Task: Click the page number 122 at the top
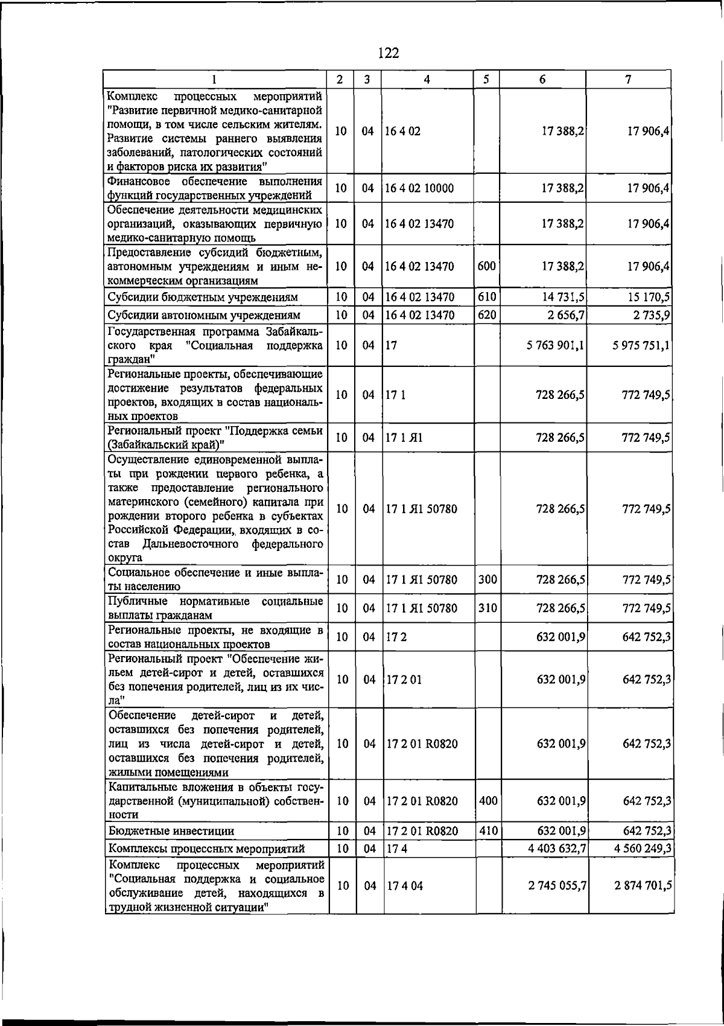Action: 389,53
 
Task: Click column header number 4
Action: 427,80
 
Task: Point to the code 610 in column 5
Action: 486,296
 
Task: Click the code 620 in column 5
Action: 486,314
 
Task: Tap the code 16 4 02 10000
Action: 419,188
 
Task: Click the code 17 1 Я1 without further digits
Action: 404,438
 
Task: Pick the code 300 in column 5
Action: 487,579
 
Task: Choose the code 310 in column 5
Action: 487,608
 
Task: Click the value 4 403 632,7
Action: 556,849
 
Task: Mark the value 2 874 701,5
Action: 643,885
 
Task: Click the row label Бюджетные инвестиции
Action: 171,831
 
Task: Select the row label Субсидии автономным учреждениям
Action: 203,315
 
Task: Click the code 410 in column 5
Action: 487,830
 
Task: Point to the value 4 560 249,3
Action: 643,849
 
